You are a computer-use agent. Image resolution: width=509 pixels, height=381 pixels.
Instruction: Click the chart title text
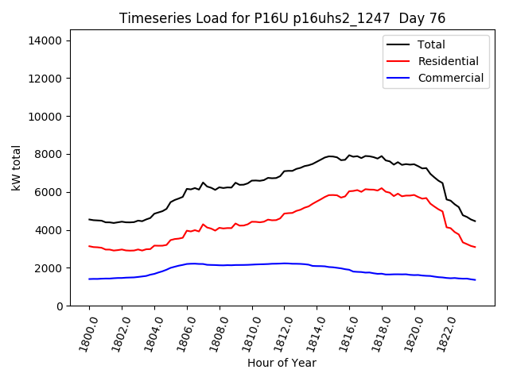[x=282, y=17]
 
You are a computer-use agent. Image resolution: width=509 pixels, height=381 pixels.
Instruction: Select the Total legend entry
[x=431, y=44]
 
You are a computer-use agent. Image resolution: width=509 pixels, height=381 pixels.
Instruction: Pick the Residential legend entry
[x=448, y=61]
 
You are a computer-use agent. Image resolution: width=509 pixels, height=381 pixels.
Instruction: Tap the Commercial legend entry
[x=450, y=78]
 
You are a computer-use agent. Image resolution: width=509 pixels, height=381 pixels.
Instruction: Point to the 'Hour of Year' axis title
[x=282, y=363]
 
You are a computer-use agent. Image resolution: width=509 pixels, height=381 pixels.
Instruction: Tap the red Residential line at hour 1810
[x=252, y=222]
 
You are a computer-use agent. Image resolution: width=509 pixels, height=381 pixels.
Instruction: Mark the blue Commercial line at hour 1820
[x=414, y=275]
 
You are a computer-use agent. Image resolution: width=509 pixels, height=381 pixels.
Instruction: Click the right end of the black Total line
[x=475, y=221]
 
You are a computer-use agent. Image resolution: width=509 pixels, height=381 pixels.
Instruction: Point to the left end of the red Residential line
[x=89, y=246]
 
